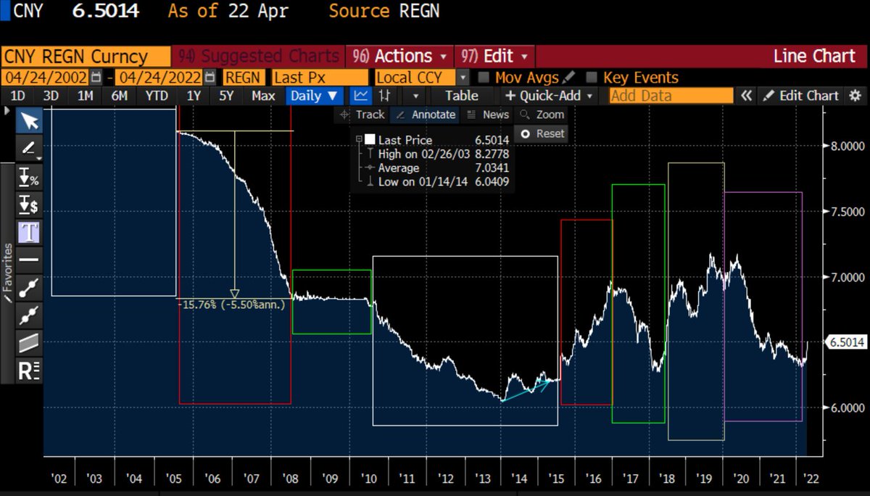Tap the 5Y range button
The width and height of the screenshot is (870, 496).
point(227,96)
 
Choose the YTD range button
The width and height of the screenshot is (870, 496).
point(157,96)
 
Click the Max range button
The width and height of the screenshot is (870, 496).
point(263,96)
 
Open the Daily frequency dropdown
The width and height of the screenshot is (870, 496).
point(313,96)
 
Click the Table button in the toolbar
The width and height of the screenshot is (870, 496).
point(461,96)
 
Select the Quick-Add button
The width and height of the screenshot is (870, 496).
point(549,96)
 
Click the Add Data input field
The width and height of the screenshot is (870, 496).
point(671,96)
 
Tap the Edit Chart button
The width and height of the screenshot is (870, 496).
point(800,96)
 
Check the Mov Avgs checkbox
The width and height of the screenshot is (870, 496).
point(484,78)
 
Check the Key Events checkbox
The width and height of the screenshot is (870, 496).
point(591,78)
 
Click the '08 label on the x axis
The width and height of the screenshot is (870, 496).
point(291,479)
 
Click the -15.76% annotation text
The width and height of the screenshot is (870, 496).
point(233,305)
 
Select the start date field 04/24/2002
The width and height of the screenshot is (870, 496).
point(45,78)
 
